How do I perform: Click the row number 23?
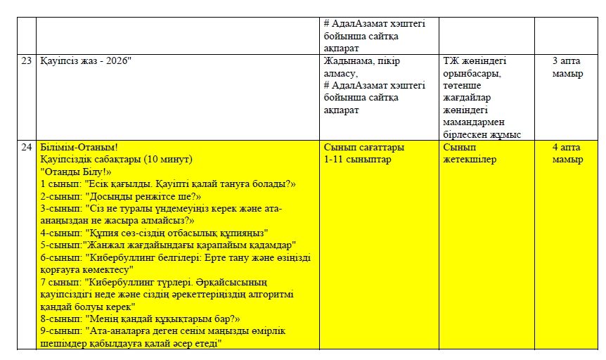pyautogui.click(x=27, y=61)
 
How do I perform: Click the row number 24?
pyautogui.click(x=27, y=148)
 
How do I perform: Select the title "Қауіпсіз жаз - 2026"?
pyautogui.click(x=86, y=61)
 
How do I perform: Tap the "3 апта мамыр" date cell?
pyautogui.click(x=567, y=67)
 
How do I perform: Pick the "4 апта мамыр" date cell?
pyautogui.click(x=567, y=153)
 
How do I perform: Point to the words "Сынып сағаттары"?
pyautogui.click(x=363, y=148)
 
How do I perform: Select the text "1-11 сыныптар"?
pyautogui.click(x=358, y=160)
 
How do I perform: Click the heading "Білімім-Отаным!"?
pyautogui.click(x=79, y=148)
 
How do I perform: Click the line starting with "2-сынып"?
pyautogui.click(x=121, y=196)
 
